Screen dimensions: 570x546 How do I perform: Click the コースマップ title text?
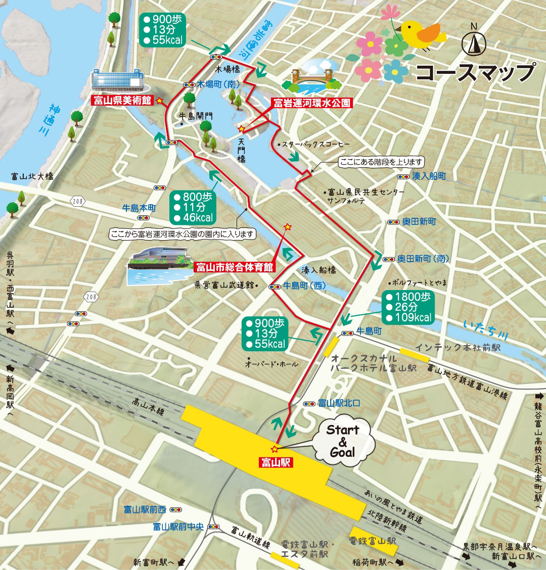tap(475, 72)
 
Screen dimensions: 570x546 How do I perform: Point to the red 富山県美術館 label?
tap(122, 101)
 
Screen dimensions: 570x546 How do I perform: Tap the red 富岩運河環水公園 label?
tap(311, 103)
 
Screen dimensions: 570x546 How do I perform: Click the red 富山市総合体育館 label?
tap(234, 266)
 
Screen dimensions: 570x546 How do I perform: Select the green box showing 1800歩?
tap(408, 307)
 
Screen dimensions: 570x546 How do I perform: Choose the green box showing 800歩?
tap(193, 207)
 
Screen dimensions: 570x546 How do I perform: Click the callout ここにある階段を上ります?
tap(381, 162)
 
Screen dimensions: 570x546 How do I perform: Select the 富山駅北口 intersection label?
tap(338, 403)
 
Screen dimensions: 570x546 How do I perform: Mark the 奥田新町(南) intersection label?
tap(423, 259)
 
